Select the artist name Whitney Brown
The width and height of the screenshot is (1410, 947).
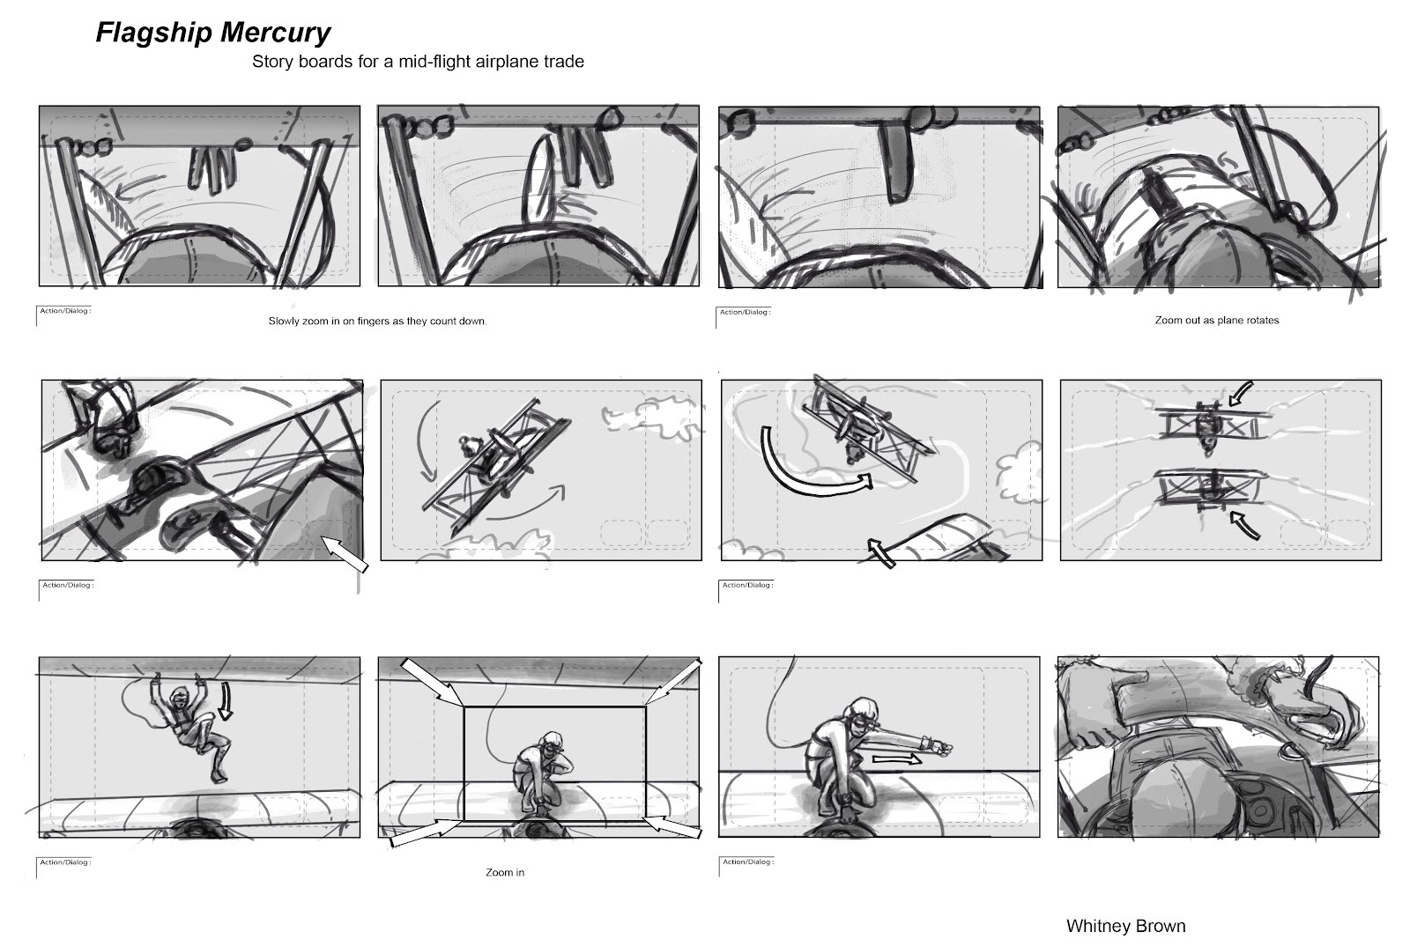pyautogui.click(x=1125, y=926)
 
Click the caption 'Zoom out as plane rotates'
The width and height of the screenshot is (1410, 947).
pyautogui.click(x=1217, y=321)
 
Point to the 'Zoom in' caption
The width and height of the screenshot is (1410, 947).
pyautogui.click(x=505, y=873)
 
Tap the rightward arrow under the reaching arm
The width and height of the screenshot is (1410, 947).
pyautogui.click(x=896, y=760)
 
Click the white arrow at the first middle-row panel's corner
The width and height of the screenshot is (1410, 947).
pyautogui.click(x=345, y=554)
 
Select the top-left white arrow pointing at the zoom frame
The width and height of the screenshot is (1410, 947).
pyautogui.click(x=432, y=682)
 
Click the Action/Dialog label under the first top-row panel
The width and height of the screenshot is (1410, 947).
pyautogui.click(x=65, y=311)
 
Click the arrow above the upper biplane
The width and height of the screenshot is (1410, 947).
pyautogui.click(x=1240, y=394)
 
